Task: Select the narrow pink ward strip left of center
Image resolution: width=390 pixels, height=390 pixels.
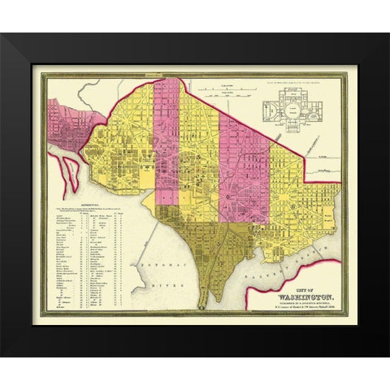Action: pos(167,138)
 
